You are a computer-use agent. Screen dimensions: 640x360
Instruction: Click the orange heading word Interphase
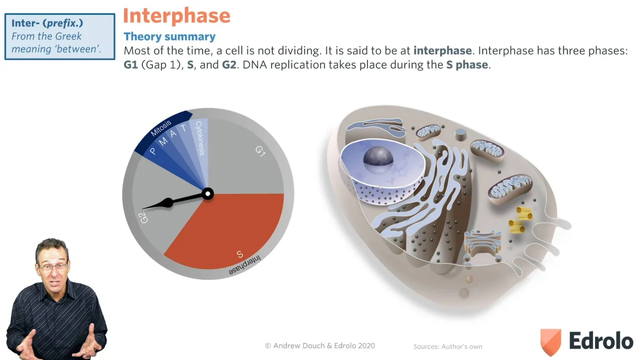pos(176,16)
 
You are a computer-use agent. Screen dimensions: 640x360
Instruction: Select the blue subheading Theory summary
pos(169,36)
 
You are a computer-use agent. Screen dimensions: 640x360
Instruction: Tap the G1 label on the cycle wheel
pos(260,151)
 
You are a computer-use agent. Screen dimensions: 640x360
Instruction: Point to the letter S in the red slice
pos(239,254)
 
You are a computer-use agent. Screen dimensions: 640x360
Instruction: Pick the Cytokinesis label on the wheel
pos(200,138)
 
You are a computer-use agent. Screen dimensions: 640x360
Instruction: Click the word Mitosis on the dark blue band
pos(161,128)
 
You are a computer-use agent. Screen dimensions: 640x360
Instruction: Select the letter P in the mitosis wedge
pos(153,151)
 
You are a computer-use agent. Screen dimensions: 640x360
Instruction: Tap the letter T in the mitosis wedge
pos(183,128)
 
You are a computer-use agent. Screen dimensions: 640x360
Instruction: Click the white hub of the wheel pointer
pos(207,194)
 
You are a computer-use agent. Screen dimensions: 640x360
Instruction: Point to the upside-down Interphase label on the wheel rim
pos(245,265)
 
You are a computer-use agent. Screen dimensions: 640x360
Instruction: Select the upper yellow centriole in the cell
pos(524,213)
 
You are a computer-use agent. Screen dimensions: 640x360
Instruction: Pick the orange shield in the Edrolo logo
pos(550,341)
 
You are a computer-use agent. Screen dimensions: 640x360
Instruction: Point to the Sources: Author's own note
pos(447,346)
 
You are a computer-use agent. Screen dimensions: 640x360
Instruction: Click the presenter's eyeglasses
pos(53,267)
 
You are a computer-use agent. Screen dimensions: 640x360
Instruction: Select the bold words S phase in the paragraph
pos(467,65)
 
